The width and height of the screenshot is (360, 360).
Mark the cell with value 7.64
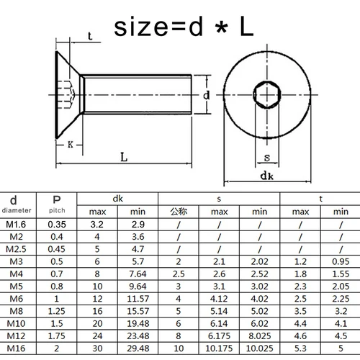pos(138,274)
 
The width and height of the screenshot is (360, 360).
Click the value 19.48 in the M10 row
pos(138,324)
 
